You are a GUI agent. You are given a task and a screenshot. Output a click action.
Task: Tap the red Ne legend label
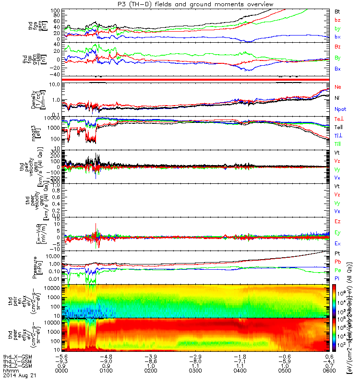tap(337, 87)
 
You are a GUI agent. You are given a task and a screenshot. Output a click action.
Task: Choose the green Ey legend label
tap(337, 232)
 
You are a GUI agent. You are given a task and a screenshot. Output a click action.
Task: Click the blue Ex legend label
tap(337, 244)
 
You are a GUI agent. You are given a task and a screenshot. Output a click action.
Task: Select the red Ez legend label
tap(337, 221)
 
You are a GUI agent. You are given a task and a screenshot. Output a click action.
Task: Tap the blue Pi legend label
tap(337, 278)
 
